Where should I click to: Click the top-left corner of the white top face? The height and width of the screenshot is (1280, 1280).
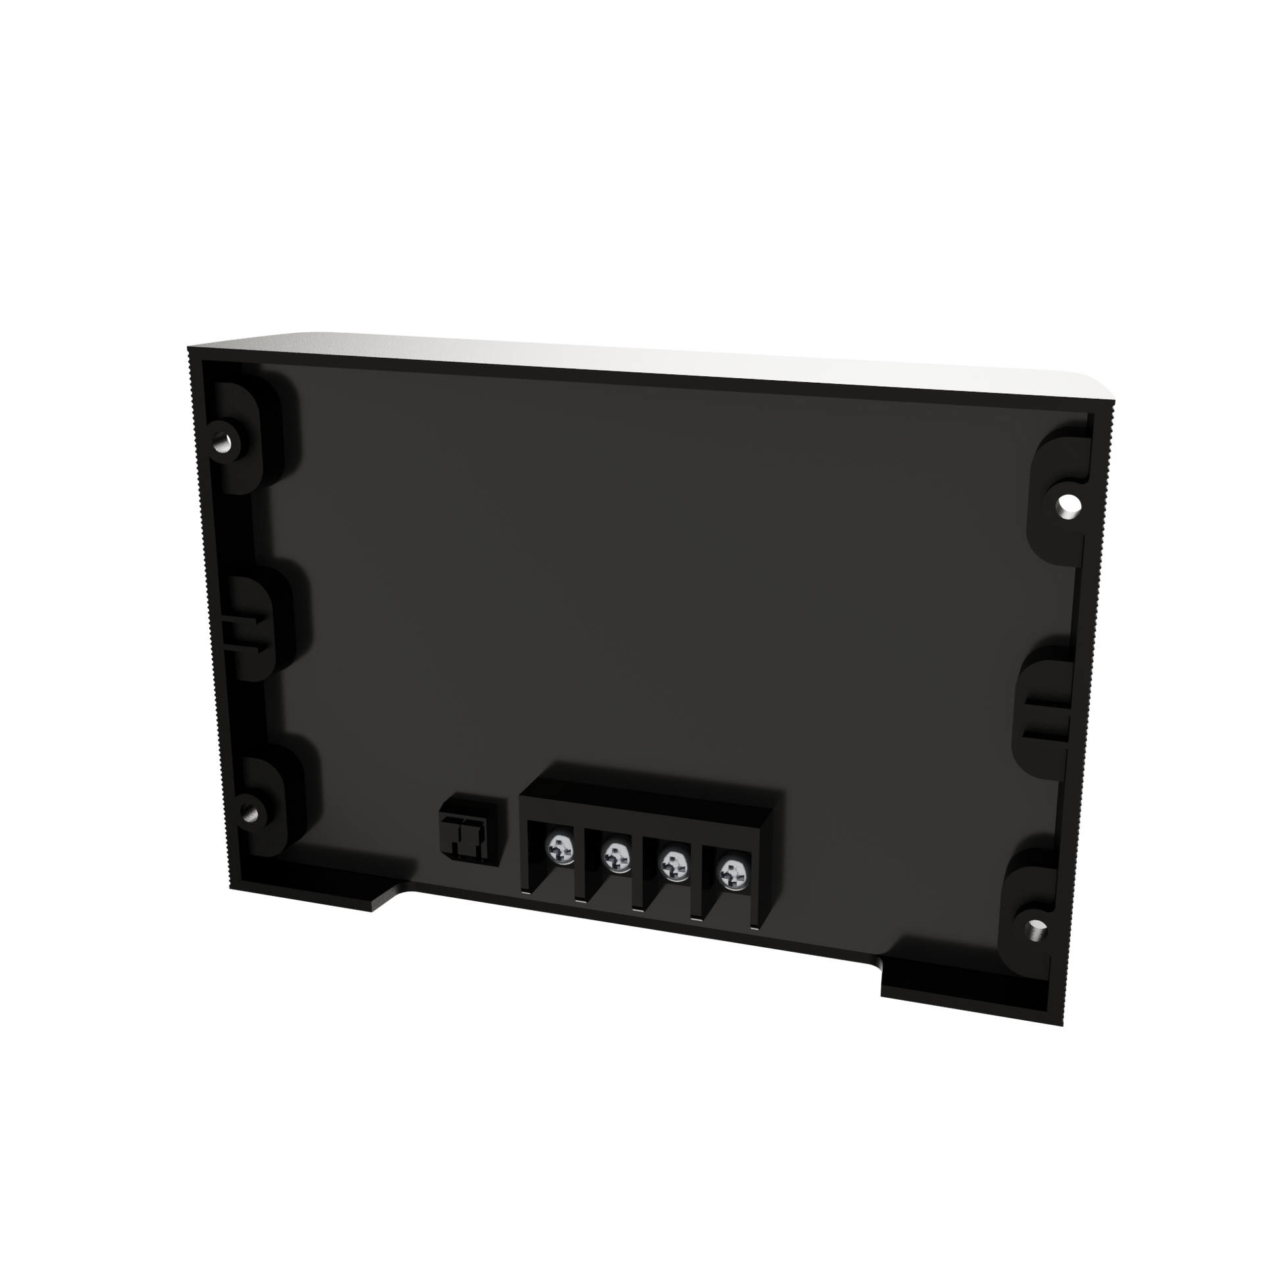(192, 346)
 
